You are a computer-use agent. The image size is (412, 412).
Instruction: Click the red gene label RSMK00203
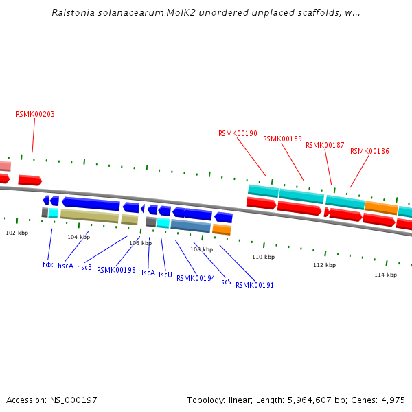(x=35, y=114)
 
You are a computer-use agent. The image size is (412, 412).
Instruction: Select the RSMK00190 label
(x=238, y=133)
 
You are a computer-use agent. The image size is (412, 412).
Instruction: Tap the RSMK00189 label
(x=282, y=139)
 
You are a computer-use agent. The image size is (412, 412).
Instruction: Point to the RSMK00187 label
(x=325, y=145)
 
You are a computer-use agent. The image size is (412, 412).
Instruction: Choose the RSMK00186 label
(x=369, y=151)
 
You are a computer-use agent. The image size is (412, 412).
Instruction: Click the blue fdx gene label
(x=47, y=264)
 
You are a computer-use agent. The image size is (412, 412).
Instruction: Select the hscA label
(x=65, y=266)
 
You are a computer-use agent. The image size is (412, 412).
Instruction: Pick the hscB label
(x=84, y=267)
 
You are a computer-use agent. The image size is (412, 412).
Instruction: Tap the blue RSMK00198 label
(x=116, y=270)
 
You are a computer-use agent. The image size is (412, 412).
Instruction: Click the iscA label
(x=148, y=273)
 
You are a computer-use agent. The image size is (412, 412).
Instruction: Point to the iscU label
(x=165, y=275)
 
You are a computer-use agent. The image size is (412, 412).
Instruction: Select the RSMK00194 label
(x=196, y=278)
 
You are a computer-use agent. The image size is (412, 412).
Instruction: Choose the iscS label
(x=225, y=282)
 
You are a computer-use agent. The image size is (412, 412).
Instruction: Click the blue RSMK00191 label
(x=255, y=285)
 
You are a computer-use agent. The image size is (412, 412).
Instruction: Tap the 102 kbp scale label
(x=17, y=233)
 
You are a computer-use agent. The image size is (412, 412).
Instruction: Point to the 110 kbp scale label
(x=263, y=257)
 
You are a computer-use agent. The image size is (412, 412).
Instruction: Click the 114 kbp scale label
(x=385, y=275)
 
